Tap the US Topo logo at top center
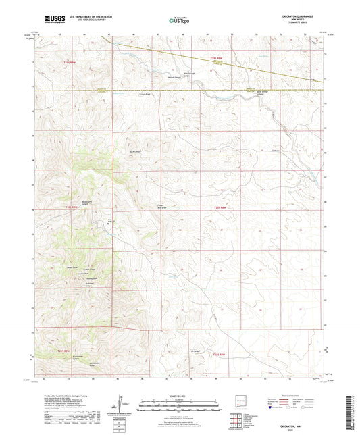tap(179, 20)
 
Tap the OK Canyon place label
tap(197, 351)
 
